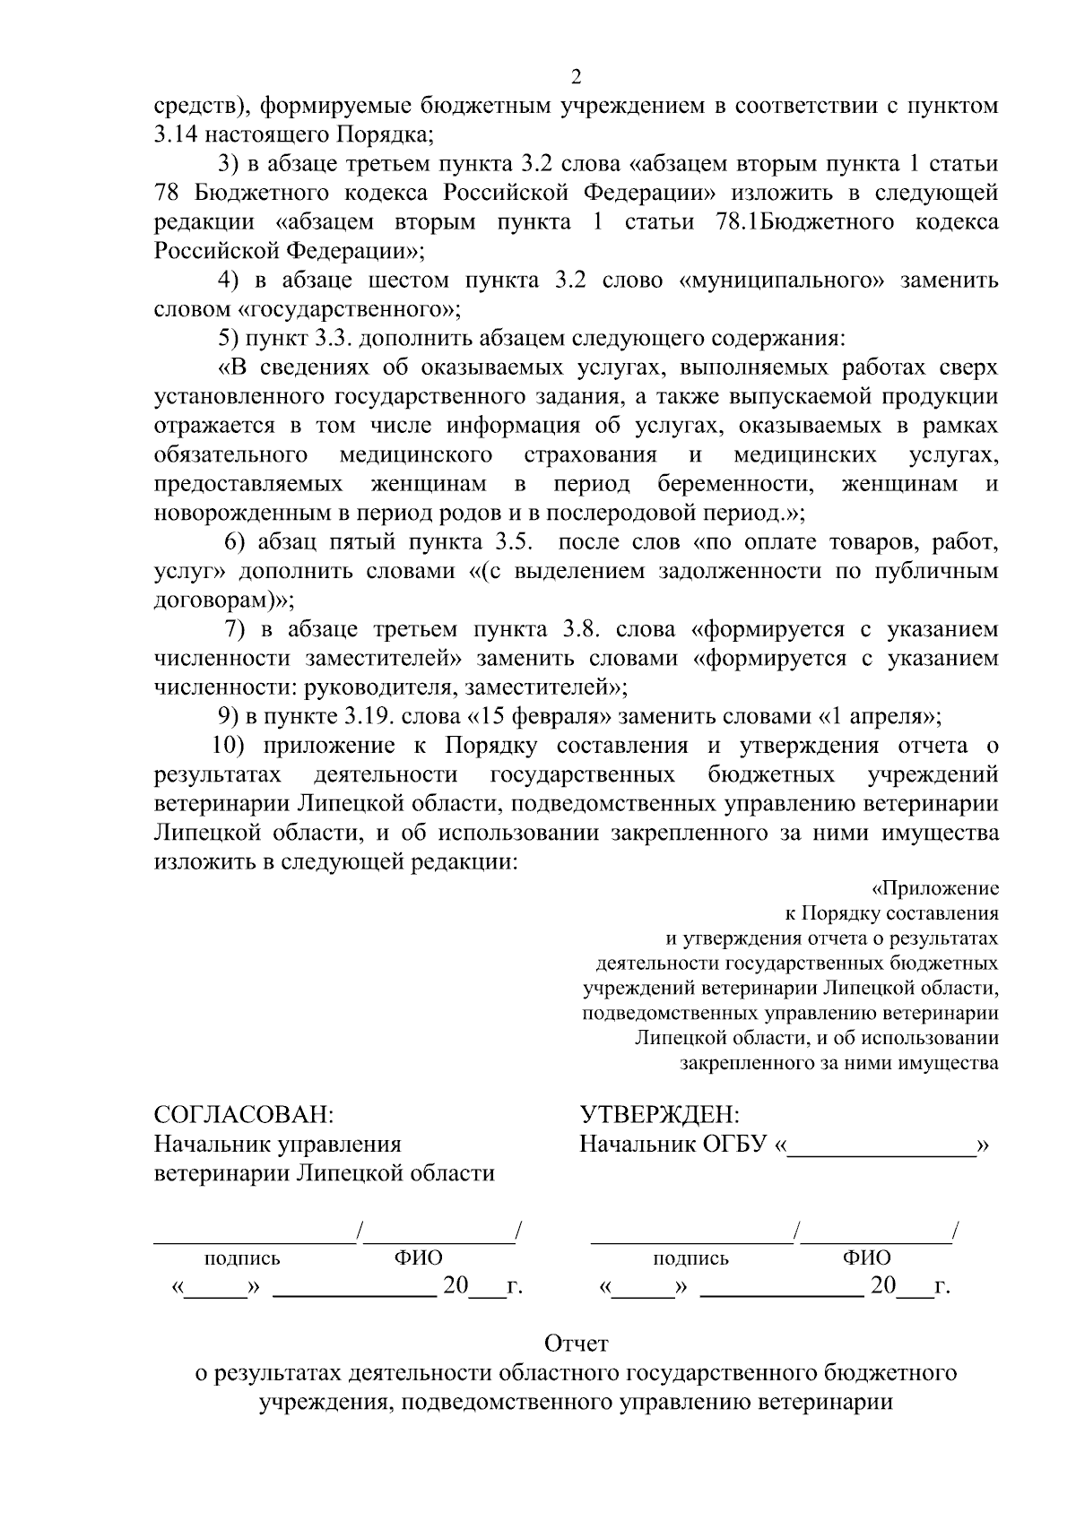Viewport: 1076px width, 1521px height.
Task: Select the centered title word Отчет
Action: tap(576, 1344)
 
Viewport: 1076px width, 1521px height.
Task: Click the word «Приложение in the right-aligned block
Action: tap(935, 888)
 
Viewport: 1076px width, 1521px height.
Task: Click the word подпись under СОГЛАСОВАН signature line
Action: tap(242, 1258)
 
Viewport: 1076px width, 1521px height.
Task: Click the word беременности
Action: tap(734, 484)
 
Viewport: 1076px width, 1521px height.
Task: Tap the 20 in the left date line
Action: tap(455, 1287)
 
